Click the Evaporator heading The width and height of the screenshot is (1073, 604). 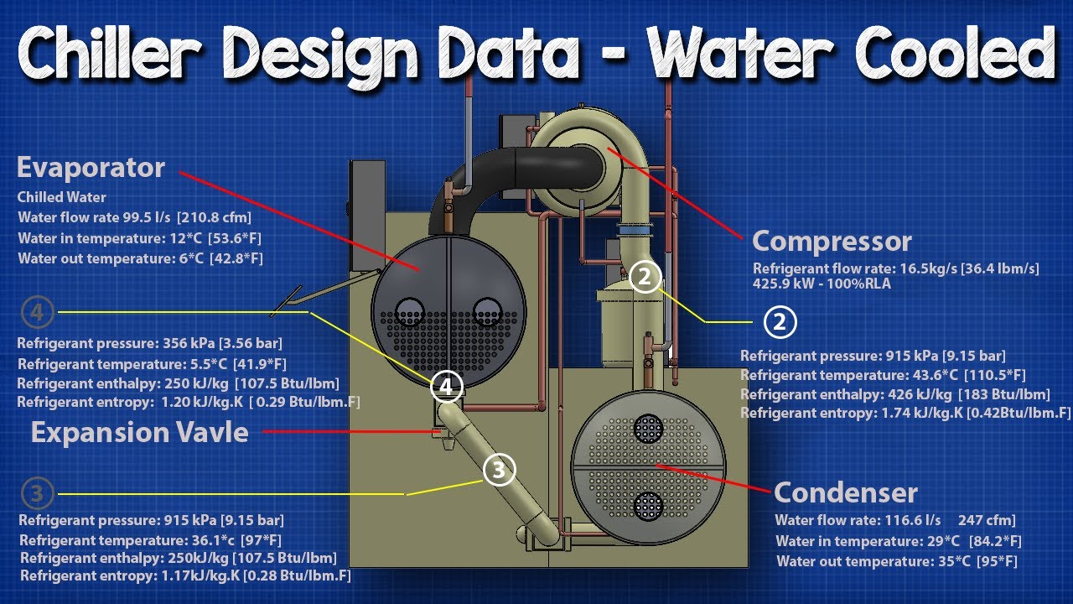click(x=91, y=168)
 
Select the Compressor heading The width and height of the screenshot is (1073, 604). click(x=832, y=242)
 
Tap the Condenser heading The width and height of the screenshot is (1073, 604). click(x=846, y=492)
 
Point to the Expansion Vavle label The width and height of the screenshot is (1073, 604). click(x=140, y=433)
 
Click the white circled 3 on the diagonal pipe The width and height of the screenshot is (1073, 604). click(x=499, y=471)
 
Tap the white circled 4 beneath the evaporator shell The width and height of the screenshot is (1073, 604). click(x=447, y=387)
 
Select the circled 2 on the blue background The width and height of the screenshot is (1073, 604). click(x=780, y=321)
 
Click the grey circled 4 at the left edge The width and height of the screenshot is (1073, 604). click(x=38, y=314)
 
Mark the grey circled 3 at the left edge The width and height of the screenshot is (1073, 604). click(x=37, y=493)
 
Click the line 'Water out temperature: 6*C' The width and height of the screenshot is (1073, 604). click(x=140, y=258)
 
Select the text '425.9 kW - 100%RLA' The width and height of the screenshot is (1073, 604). click(x=822, y=284)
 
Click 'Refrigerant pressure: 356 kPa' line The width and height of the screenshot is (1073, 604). click(x=150, y=343)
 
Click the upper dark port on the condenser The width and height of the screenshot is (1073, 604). click(x=648, y=429)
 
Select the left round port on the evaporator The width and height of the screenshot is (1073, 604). click(x=410, y=310)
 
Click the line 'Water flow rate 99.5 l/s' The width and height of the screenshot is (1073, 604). click(x=134, y=218)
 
